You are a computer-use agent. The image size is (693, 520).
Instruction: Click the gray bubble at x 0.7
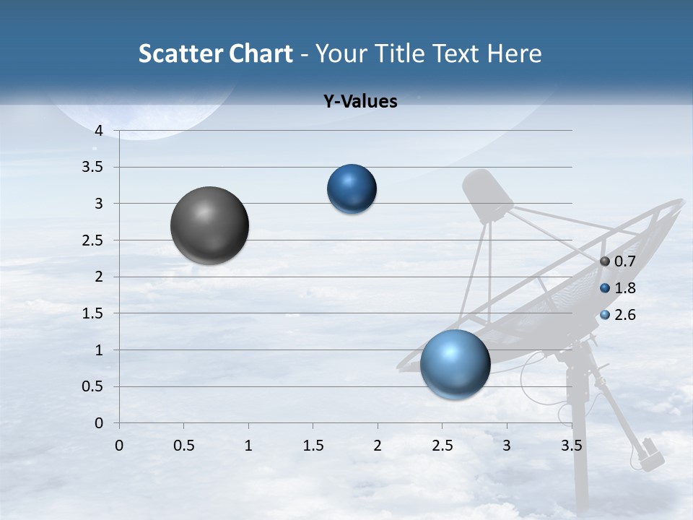(209, 225)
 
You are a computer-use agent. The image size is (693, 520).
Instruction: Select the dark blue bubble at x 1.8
(352, 188)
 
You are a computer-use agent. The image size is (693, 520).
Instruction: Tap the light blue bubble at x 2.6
(455, 364)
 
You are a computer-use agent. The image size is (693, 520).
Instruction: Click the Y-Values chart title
(359, 102)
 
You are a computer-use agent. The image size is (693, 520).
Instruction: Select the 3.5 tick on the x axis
(571, 446)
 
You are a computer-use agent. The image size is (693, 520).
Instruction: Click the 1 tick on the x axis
(248, 446)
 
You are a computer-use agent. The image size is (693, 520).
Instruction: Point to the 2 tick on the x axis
(378, 446)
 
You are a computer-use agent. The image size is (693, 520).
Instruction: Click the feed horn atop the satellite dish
(487, 195)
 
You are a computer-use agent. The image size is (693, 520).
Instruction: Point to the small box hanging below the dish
(651, 454)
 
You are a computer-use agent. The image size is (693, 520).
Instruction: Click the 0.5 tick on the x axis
(184, 446)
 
